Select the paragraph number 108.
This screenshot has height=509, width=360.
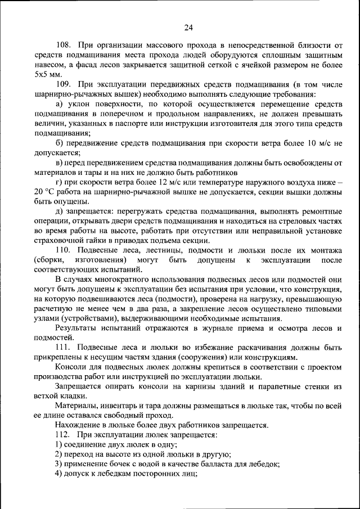pyautogui.click(x=64, y=44)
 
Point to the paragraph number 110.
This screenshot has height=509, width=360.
pyautogui.click(x=64, y=250)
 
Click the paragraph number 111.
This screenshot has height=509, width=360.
pyautogui.click(x=64, y=347)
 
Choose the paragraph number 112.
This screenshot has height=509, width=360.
pyautogui.click(x=64, y=435)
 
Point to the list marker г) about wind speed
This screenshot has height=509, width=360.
pyautogui.click(x=58, y=182)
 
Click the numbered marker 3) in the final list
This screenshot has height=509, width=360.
pyautogui.click(x=58, y=464)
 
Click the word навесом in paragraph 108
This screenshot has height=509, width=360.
pyautogui.click(x=49, y=64)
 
